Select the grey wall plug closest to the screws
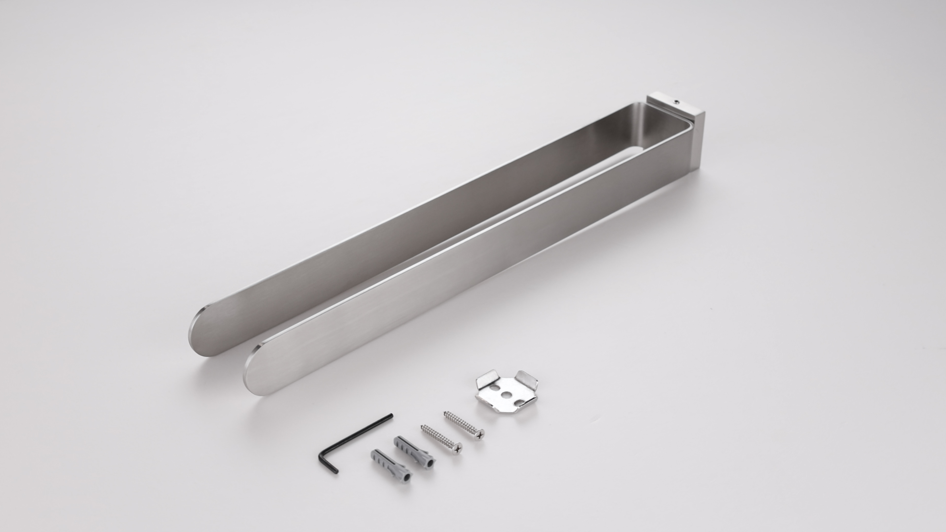(x=414, y=450)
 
